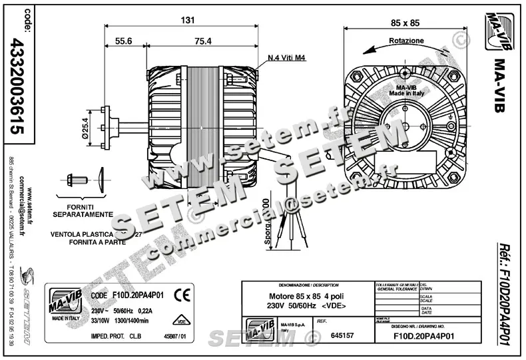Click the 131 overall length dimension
click(188, 20)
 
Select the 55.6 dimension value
click(124, 41)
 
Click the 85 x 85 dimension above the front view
click(405, 23)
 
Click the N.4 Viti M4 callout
click(286, 58)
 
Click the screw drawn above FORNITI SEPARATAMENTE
click(75, 180)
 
